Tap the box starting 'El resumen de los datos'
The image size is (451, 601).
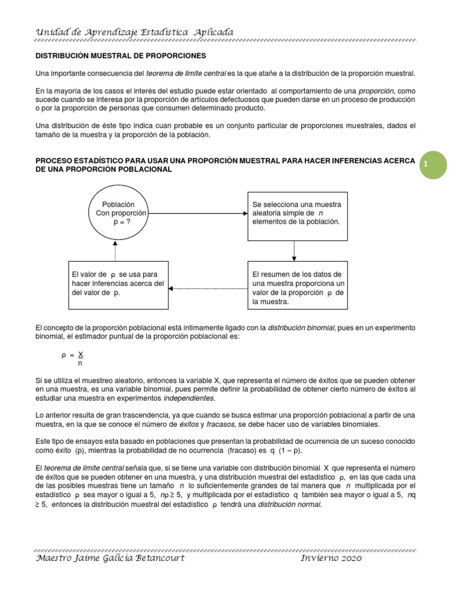point(297,288)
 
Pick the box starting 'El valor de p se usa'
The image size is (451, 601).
point(118,284)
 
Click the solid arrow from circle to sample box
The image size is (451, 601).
point(198,212)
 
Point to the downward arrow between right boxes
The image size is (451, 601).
point(294,251)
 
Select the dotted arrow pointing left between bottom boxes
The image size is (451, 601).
point(208,288)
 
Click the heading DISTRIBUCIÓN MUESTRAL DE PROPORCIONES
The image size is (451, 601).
point(121,56)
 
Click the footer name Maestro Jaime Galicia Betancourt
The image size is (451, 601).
point(110,558)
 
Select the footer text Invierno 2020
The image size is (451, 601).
point(331,558)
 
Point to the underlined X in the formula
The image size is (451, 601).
point(81,354)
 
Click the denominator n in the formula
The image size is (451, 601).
point(80,363)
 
